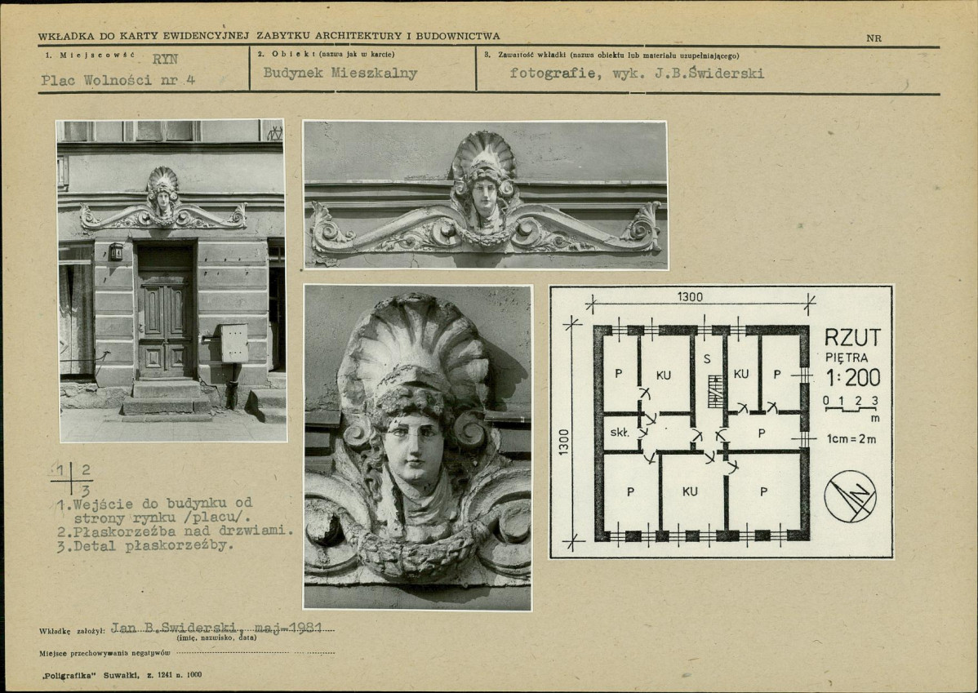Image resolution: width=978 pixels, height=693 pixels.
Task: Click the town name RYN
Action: [x=165, y=60]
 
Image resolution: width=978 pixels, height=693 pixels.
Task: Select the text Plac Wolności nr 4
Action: [x=118, y=80]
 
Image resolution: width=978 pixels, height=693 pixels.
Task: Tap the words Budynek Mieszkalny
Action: [x=340, y=73]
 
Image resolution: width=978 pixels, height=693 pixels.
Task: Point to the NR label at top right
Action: [x=874, y=38]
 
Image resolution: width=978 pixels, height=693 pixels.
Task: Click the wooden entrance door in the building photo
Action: [x=165, y=310]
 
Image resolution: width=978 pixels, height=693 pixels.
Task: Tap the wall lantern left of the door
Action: [x=116, y=251]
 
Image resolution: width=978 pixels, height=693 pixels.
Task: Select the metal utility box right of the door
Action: [x=234, y=343]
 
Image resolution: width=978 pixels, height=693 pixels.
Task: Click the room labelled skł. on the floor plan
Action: [x=620, y=433]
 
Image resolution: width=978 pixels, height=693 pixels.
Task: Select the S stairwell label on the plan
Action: [x=707, y=358]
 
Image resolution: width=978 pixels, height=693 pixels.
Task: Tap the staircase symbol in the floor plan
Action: [x=715, y=391]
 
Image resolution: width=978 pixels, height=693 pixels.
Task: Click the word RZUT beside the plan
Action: [x=852, y=337]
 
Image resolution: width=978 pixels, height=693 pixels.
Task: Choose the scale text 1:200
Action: [x=853, y=377]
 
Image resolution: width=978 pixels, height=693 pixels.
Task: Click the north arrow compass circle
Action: [x=850, y=496]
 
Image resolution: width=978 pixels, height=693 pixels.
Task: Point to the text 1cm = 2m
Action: [x=851, y=438]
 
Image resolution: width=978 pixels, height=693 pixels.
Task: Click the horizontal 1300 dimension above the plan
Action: [x=690, y=297]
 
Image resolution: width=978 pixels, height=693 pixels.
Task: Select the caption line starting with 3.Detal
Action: [x=144, y=546]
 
